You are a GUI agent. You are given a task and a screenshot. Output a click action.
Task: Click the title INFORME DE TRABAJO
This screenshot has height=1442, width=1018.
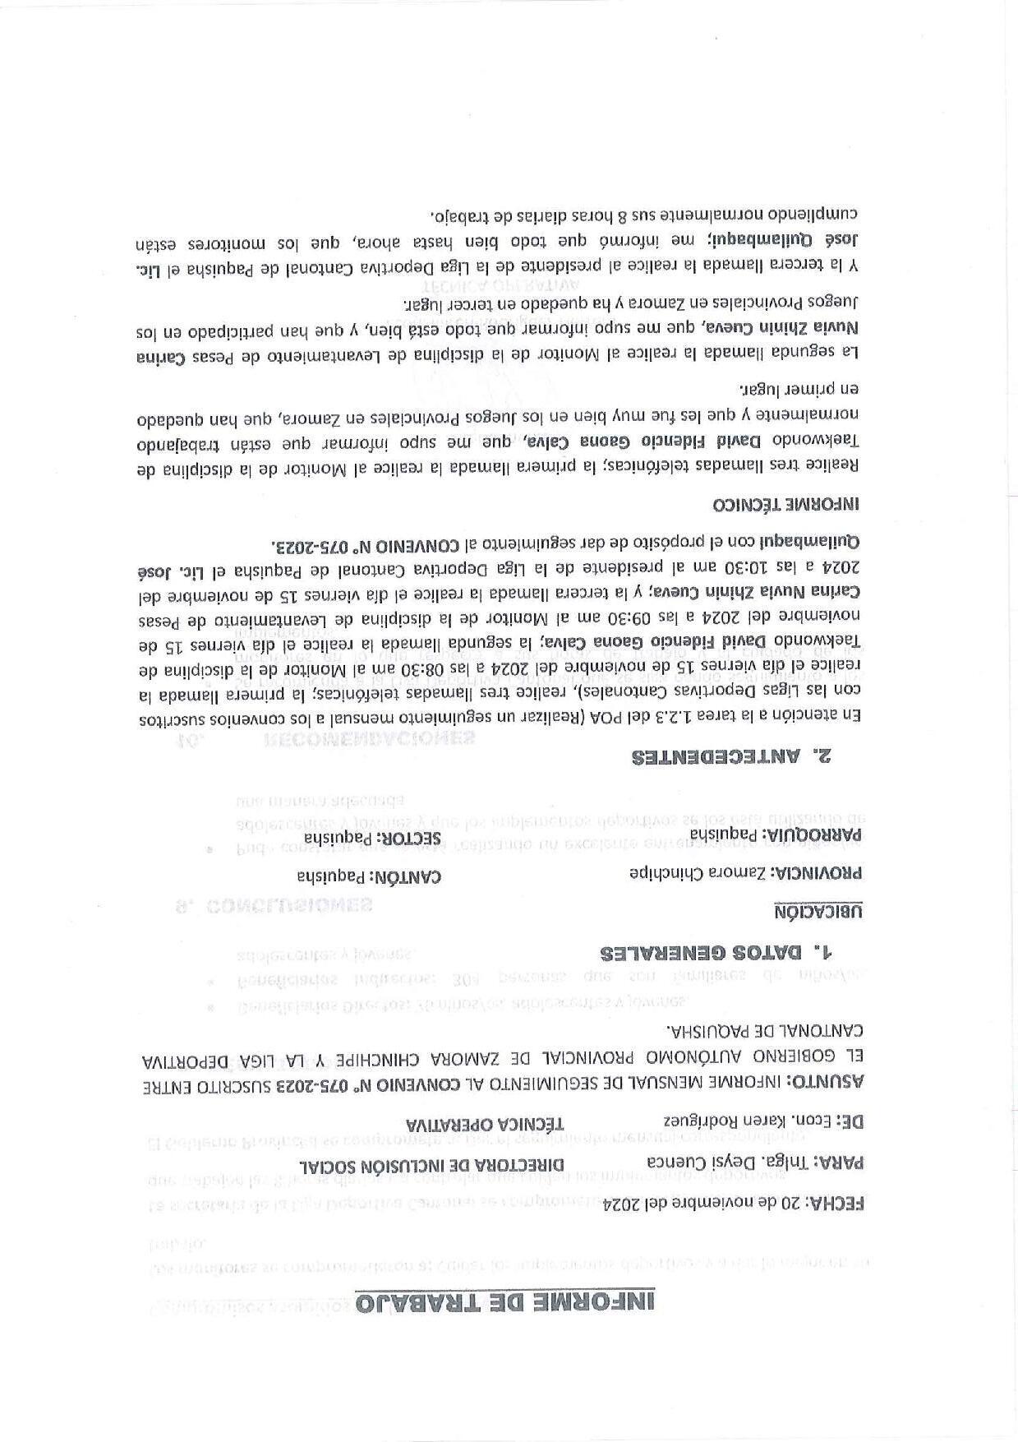tap(504, 1304)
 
